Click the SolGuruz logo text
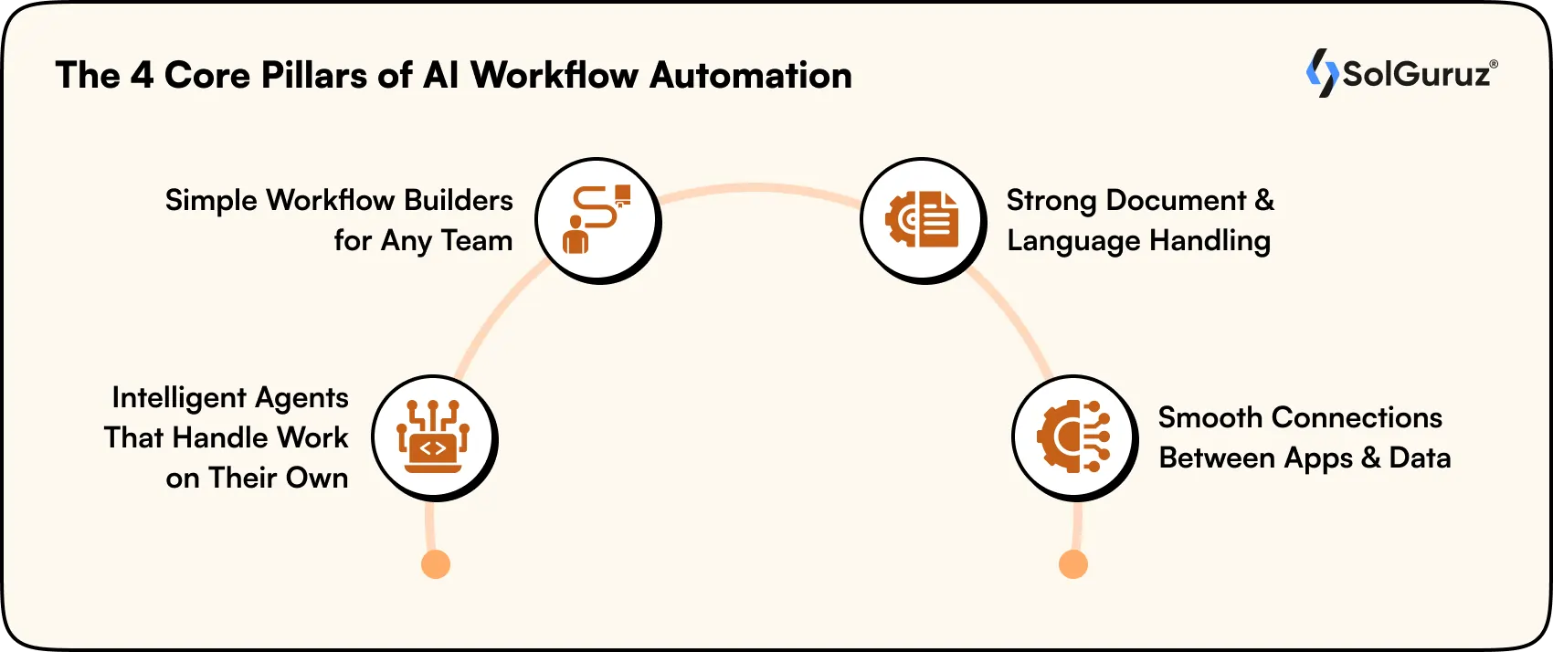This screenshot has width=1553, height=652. click(1416, 74)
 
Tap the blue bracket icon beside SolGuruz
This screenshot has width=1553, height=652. click(1320, 73)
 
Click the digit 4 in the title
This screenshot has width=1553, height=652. click(142, 75)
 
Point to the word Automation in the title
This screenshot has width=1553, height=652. click(751, 75)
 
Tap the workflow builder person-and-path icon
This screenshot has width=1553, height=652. click(596, 219)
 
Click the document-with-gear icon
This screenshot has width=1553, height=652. click(922, 219)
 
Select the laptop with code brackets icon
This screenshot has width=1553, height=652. click(433, 436)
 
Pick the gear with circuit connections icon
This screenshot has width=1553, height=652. click(1073, 436)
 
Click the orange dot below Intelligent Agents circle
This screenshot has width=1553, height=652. click(436, 564)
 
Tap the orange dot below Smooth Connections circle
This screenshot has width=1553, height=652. click(1073, 564)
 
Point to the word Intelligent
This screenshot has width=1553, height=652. click(179, 398)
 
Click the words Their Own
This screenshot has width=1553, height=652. click(278, 478)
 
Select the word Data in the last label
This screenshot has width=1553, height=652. click(1420, 457)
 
